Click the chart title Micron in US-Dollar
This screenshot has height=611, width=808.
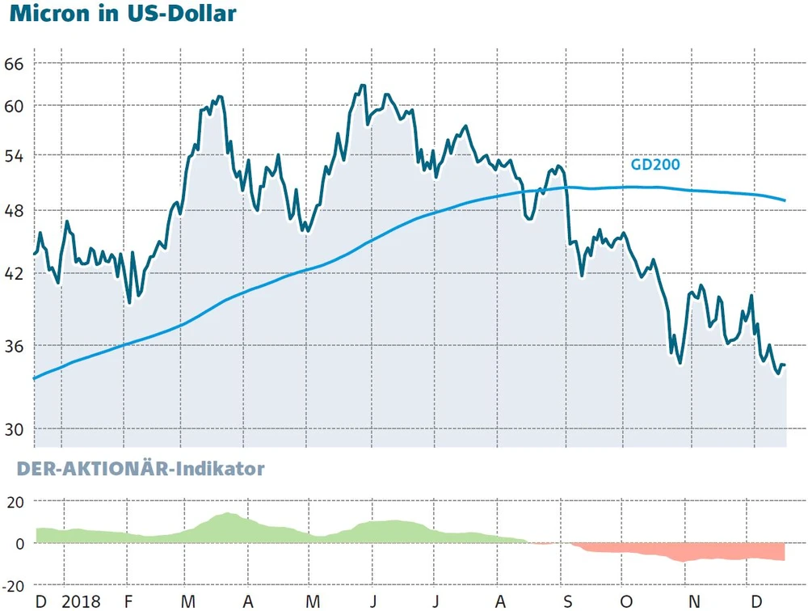123,14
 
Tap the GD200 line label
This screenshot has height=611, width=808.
654,165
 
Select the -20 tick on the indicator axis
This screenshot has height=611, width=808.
15,584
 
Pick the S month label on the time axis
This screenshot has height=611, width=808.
567,602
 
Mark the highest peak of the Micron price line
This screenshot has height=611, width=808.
362,85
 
